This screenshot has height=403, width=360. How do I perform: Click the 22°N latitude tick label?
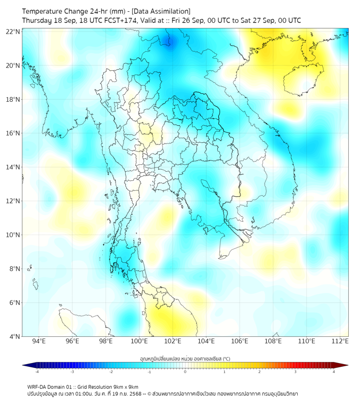13,31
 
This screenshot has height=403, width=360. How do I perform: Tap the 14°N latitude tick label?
13,167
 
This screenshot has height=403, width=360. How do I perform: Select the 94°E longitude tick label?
39,341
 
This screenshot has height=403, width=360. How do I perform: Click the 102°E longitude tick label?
173,341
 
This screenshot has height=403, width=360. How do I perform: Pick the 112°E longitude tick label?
340,341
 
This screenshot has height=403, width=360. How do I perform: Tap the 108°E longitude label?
273,341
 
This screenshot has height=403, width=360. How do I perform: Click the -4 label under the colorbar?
36,372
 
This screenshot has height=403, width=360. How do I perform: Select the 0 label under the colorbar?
185,372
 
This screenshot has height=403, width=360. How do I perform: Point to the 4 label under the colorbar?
333,372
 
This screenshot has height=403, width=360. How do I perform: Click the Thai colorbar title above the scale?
185,359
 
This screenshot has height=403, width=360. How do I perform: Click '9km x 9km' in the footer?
126,386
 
